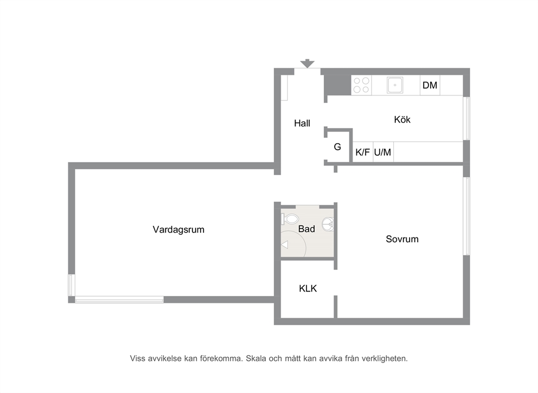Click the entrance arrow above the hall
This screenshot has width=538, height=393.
tap(307, 63)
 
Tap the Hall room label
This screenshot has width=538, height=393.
tap(302, 123)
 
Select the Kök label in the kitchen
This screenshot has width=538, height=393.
tap(402, 119)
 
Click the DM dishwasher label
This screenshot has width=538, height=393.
tap(430, 85)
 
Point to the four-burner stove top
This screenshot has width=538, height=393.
tap(361, 85)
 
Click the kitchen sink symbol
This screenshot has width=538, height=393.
tap(395, 85)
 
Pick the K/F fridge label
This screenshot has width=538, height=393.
tap(363, 152)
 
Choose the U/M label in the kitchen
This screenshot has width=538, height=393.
tap(382, 152)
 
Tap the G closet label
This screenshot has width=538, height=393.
tap(337, 147)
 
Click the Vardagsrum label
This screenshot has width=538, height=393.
tap(178, 229)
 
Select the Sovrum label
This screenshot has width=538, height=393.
tap(402, 239)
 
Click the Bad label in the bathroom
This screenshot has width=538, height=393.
tap(306, 229)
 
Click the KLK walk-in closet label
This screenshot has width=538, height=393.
tap(308, 288)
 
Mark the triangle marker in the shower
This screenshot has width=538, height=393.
tap(284, 245)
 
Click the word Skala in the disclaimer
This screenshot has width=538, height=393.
tap(255, 359)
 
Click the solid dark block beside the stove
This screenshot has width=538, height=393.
tap(338, 85)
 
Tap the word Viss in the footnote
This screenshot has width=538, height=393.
tap(138, 359)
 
